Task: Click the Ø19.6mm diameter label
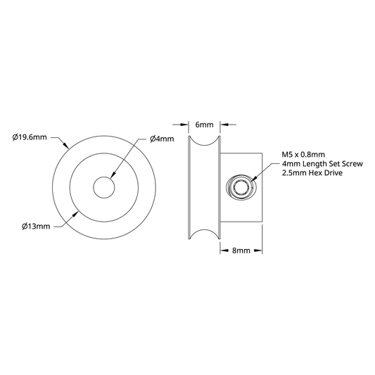tap(30, 137)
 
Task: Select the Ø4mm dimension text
tap(162, 139)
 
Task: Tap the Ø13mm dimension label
tap(36, 227)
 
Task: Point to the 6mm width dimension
tap(204, 125)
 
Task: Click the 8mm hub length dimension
tap(241, 250)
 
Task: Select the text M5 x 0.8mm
tap(303, 155)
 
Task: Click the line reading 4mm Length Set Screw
tap(322, 164)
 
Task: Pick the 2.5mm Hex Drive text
tap(312, 172)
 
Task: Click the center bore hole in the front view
tap(104, 187)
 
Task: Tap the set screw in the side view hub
tap(240, 187)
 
